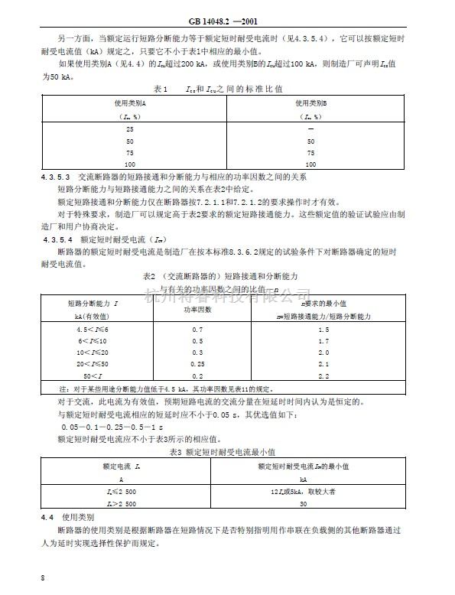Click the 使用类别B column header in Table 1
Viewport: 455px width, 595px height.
pos(310,102)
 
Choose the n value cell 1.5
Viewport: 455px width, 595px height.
pos(322,329)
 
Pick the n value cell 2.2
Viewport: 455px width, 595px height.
pos(322,376)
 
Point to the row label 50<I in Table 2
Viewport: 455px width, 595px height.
pos(90,376)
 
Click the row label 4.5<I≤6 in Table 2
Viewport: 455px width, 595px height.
pos(90,329)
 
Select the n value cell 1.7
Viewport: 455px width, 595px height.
pos(322,340)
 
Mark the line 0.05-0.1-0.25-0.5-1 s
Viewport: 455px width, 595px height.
pos(105,427)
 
